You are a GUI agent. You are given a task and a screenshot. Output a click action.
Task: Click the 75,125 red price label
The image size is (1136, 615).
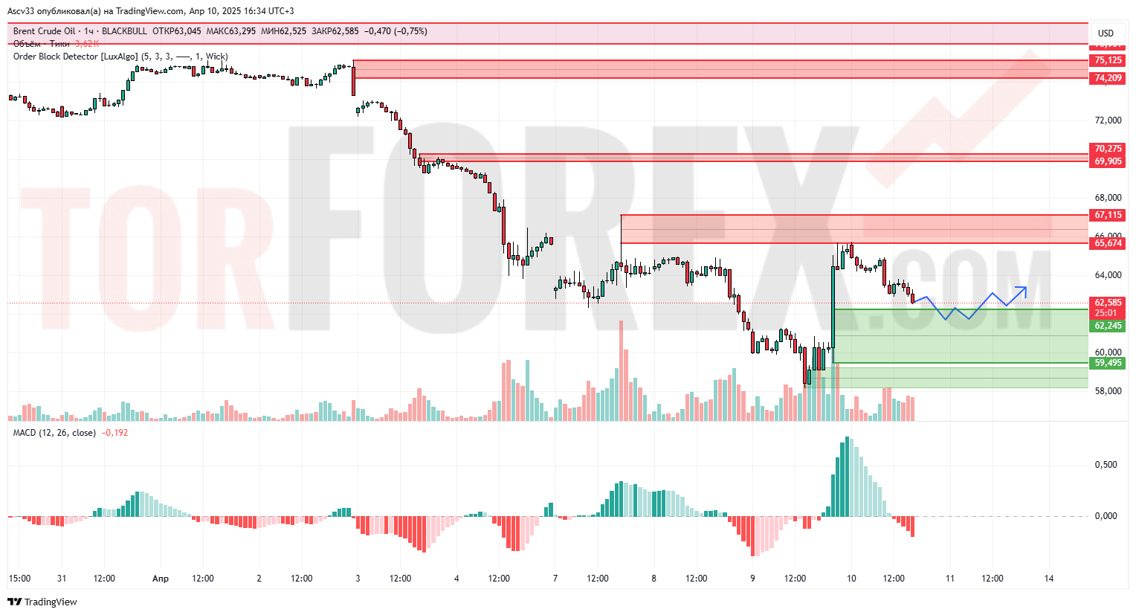point(1108,60)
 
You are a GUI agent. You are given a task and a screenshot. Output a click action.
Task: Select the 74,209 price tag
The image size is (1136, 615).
point(1108,78)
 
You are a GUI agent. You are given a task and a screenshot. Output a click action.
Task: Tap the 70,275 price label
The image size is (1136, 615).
point(1108,149)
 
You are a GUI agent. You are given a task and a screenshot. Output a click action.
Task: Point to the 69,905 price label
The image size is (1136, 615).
point(1108,161)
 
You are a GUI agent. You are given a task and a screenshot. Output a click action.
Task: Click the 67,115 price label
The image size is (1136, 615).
point(1108,215)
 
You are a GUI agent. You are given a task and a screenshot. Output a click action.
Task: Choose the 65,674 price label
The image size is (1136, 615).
point(1108,243)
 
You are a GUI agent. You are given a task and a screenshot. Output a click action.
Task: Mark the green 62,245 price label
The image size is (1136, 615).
point(1108,326)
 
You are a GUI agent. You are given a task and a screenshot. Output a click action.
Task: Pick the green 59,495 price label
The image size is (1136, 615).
point(1108,363)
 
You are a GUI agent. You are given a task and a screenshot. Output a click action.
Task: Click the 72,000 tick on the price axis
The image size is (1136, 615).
point(1108,120)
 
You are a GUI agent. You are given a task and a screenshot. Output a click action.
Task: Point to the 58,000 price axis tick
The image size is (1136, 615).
point(1108,391)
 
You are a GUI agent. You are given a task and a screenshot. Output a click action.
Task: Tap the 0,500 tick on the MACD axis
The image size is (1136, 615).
point(1106,465)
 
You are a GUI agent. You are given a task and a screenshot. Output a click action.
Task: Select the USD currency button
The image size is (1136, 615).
point(1106,33)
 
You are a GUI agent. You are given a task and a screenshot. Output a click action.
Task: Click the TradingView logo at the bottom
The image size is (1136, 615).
point(43,602)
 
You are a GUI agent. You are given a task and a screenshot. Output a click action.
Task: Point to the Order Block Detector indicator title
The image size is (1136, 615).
point(75,57)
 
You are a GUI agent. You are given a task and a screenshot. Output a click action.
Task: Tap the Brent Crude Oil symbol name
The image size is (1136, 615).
point(44,31)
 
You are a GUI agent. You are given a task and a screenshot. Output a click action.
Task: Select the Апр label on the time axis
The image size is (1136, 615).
point(160,579)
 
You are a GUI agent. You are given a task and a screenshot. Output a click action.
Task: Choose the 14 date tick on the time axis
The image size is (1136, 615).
point(1049,579)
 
